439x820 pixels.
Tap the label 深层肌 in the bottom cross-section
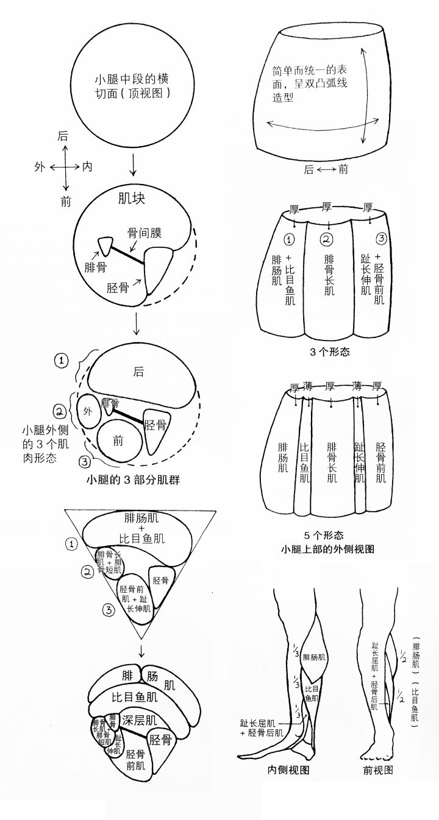coord(140,719)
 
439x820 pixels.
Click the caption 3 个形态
coord(329,352)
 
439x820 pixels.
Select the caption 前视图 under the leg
coord(378,769)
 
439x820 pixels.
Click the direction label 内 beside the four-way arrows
coord(87,166)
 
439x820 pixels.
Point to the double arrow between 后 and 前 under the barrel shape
coord(326,169)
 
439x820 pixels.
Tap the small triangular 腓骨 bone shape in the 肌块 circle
coord(107,246)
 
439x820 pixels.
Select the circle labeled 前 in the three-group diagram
coord(118,441)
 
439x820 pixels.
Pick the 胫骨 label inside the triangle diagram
coord(160,581)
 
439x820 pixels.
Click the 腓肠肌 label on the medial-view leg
coord(314,657)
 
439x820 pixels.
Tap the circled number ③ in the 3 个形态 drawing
coord(381,238)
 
